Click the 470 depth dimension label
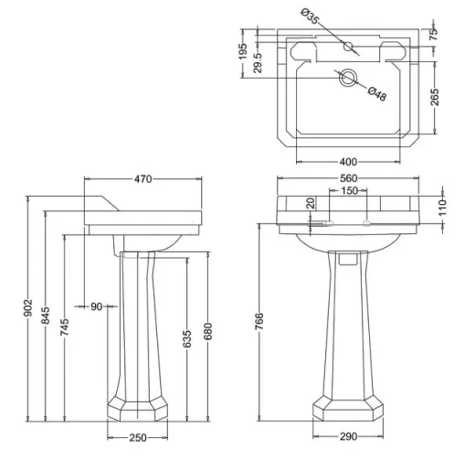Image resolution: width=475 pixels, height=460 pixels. coord(142,179)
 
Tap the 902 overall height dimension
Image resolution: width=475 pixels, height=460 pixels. coord(28,308)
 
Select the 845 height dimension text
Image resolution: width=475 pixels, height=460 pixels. coord(46,316)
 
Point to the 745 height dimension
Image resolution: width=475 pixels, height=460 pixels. coord(65,327)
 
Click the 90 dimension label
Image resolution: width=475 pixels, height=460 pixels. coord(97,306)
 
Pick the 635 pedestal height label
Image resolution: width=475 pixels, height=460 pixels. coord(187,338)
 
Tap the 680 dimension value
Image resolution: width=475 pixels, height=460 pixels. coord(208,331)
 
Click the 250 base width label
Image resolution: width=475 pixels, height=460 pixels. coord(138,438)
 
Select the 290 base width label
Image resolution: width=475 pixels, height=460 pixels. coord(348,436)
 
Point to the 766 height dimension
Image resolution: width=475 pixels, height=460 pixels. coord(259,321)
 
